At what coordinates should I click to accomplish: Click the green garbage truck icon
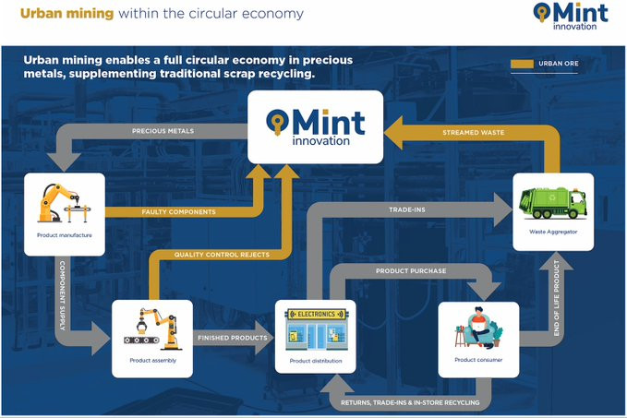(553, 203)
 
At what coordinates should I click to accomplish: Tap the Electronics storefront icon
(316, 328)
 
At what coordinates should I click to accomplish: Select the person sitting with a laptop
(478, 328)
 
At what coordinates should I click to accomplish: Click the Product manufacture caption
(65, 235)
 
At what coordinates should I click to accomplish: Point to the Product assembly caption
(152, 361)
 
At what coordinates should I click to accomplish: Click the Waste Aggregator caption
(553, 232)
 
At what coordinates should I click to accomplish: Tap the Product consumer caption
(478, 360)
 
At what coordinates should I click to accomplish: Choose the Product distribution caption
(316, 361)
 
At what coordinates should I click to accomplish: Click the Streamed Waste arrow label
(474, 132)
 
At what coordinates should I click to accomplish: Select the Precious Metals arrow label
(163, 131)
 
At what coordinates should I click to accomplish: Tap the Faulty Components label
(179, 212)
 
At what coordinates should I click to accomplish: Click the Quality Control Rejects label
(222, 255)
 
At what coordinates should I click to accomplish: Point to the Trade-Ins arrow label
(407, 209)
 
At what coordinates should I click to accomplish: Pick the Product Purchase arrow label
(411, 271)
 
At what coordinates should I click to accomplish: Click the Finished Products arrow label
(233, 338)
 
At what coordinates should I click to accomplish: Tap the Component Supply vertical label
(63, 295)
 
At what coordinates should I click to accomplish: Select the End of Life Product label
(556, 298)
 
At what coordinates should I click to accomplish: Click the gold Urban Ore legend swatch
(523, 64)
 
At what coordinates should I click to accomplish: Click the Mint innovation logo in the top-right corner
(571, 16)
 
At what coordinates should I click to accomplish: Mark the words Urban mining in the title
(67, 14)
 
